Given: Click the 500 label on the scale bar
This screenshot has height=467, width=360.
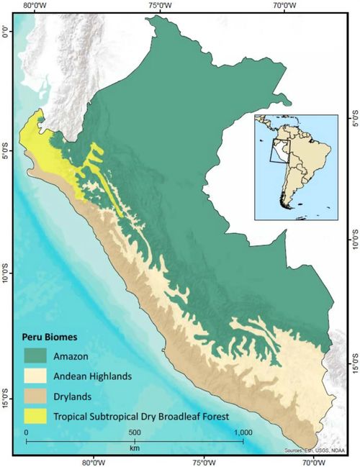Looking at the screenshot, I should click(x=134, y=432).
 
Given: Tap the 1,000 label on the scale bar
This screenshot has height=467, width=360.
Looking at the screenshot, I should click(x=243, y=432).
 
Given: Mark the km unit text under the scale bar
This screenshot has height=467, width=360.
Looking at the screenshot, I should click(x=134, y=448).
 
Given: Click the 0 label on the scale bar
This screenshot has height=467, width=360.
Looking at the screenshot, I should click(x=26, y=432).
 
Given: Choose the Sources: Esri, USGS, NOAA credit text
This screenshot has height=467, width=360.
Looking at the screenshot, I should click(x=318, y=450).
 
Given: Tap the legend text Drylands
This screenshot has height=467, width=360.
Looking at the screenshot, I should click(x=80, y=395).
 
